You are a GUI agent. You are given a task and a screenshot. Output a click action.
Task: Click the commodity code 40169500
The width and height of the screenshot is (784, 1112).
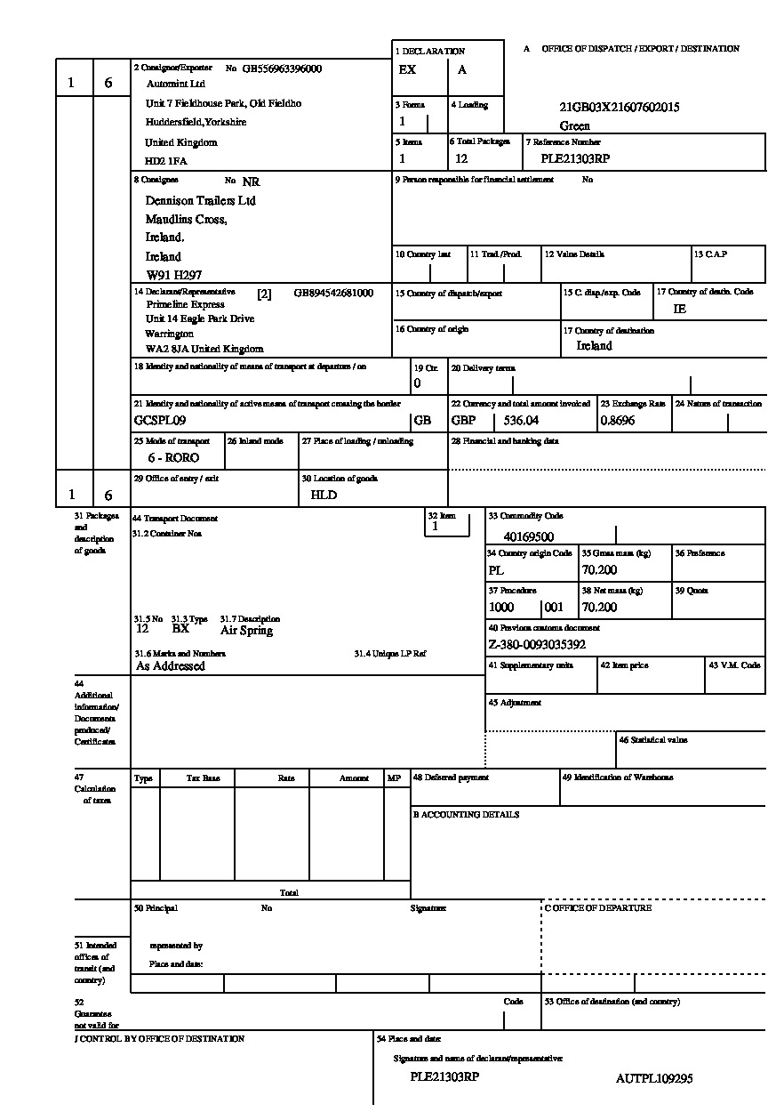coord(528,536)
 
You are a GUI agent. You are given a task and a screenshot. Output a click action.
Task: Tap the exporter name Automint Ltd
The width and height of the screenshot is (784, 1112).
coord(176,84)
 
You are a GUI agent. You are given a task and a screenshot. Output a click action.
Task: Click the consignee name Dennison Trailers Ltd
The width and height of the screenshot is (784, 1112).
coord(200,201)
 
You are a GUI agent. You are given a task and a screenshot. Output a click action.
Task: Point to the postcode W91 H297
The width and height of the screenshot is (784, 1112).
coord(173,276)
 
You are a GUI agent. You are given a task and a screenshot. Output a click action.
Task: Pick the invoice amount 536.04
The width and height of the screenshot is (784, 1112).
coord(521,420)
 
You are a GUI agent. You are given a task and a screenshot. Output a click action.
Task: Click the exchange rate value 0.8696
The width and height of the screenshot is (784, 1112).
coord(618,420)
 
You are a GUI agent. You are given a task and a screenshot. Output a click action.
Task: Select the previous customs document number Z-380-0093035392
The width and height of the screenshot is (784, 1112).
coord(537,644)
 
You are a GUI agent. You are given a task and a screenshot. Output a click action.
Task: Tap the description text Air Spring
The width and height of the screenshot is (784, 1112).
coord(246,630)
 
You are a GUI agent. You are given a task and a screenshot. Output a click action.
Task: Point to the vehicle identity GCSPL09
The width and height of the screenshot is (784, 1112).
coord(159,420)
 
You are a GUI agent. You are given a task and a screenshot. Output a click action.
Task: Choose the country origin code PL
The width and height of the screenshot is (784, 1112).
coord(496,570)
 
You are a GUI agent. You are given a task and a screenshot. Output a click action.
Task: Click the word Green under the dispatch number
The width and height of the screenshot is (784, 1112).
coord(575,125)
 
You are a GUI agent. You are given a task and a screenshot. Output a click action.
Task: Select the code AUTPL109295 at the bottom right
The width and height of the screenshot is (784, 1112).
coord(653,1078)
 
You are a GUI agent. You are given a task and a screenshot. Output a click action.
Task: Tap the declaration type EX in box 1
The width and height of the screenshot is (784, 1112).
coord(407,69)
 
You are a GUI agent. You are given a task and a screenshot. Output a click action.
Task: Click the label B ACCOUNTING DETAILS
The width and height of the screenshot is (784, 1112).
coord(466,814)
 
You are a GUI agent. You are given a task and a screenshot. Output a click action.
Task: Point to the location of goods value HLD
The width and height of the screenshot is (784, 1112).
coord(324,495)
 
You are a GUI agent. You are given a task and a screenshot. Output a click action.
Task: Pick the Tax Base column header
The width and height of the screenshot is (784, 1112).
coord(203,778)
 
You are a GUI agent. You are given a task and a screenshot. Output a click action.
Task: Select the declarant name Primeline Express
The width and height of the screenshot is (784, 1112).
coord(186,304)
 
